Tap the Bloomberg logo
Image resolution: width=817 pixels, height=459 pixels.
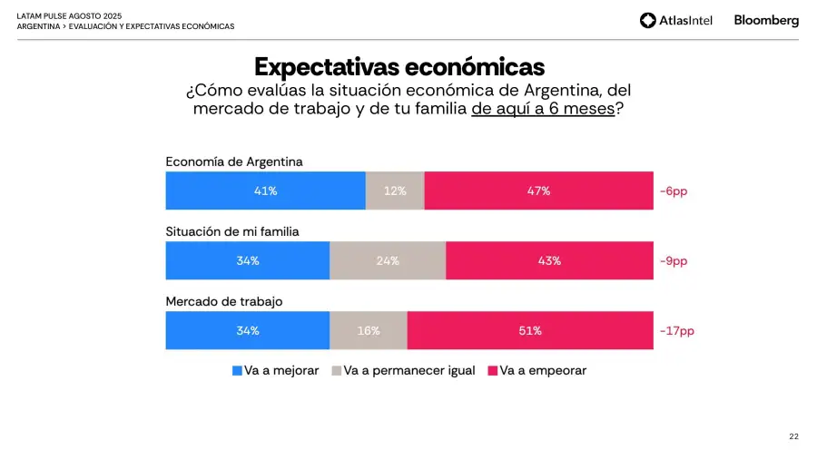point(766,20)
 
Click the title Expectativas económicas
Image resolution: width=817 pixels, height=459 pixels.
point(399,67)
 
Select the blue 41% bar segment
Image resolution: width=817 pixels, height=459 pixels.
point(265,191)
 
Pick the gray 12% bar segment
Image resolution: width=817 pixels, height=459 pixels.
point(395,191)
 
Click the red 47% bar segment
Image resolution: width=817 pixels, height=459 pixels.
point(538,191)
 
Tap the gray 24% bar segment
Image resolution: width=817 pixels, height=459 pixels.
point(388,260)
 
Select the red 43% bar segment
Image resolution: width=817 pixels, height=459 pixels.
point(549,260)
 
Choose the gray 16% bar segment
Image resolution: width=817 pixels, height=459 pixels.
point(369,331)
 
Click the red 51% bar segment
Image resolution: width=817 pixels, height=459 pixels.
point(530,331)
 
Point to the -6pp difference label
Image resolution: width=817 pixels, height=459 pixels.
point(674,191)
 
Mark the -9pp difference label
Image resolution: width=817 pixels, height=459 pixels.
point(674,261)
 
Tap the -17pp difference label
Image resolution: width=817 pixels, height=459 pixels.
point(677,331)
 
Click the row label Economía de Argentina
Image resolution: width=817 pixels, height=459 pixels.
point(234,161)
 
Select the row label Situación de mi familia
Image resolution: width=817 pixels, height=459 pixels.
point(232,231)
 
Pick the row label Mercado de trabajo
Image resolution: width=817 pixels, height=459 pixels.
point(224,301)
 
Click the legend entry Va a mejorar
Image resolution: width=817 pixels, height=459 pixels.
point(276,371)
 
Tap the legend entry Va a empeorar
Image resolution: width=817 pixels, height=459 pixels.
point(537,371)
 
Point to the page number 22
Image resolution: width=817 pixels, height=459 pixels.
point(793,436)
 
